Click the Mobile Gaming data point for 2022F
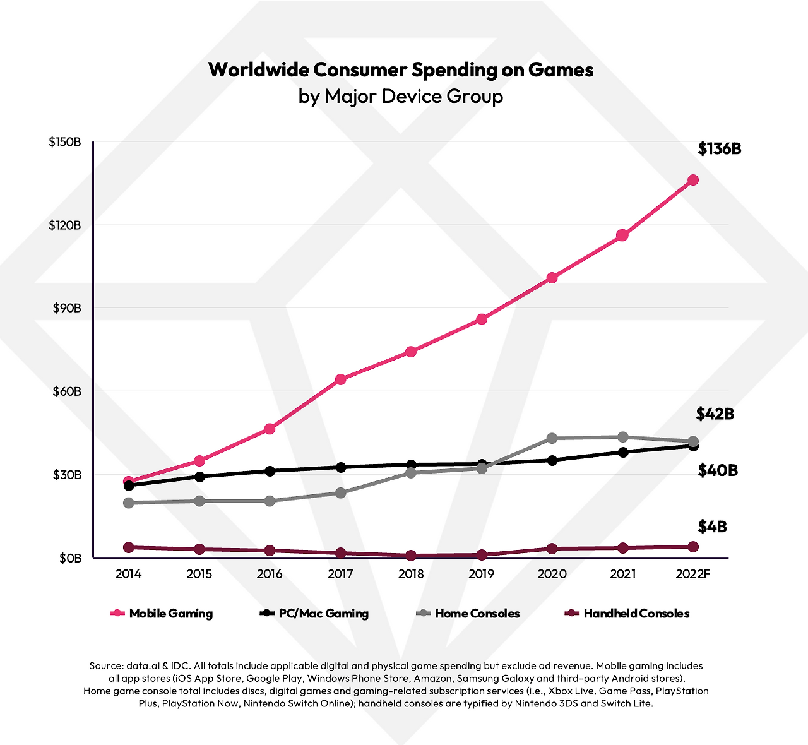click(x=692, y=180)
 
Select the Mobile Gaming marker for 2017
click(x=340, y=379)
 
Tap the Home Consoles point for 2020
click(x=552, y=438)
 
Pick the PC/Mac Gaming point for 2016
click(x=270, y=471)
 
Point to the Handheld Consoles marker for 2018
click(x=411, y=556)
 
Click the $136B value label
click(x=719, y=149)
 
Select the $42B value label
click(x=715, y=414)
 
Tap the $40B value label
click(x=718, y=470)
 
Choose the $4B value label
click(x=712, y=527)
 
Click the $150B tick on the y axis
click(x=65, y=142)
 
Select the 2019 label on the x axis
click(x=481, y=574)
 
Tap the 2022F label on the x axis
click(x=692, y=574)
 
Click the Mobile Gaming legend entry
click(x=170, y=614)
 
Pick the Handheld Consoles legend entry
click(x=636, y=614)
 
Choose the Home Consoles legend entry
click(x=477, y=614)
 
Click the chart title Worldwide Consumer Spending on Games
click(x=401, y=69)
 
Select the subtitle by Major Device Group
click(x=401, y=97)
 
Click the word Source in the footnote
click(x=106, y=666)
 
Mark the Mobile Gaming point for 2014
click(x=129, y=482)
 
